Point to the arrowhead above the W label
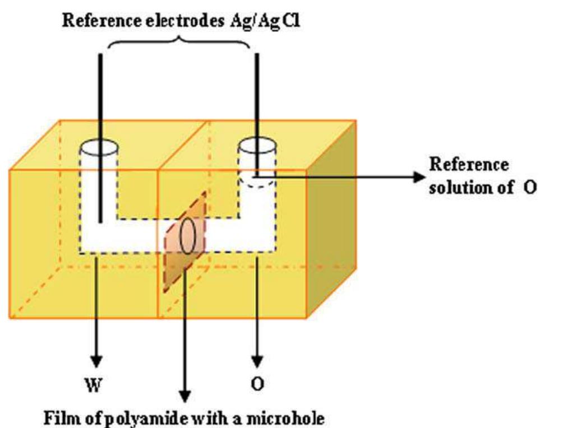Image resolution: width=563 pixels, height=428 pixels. pos(97,359)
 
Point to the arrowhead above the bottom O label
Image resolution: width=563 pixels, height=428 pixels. pos(257,359)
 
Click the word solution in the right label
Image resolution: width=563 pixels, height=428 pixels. pos(455,187)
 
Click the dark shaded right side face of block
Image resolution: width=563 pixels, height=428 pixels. pos(331,224)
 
